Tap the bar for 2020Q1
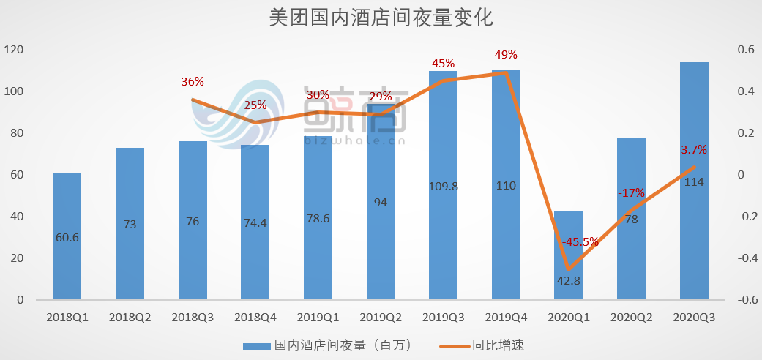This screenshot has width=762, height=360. point(568,255)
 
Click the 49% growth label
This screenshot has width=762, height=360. point(506,54)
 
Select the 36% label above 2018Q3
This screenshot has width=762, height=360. point(193,82)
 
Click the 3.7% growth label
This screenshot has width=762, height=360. point(694,150)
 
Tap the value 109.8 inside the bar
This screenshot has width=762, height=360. point(443,186)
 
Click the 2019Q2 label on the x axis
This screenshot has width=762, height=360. point(380,318)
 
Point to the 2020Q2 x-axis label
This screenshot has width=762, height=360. point(631,318)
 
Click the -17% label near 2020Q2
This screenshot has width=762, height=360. point(630,193)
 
